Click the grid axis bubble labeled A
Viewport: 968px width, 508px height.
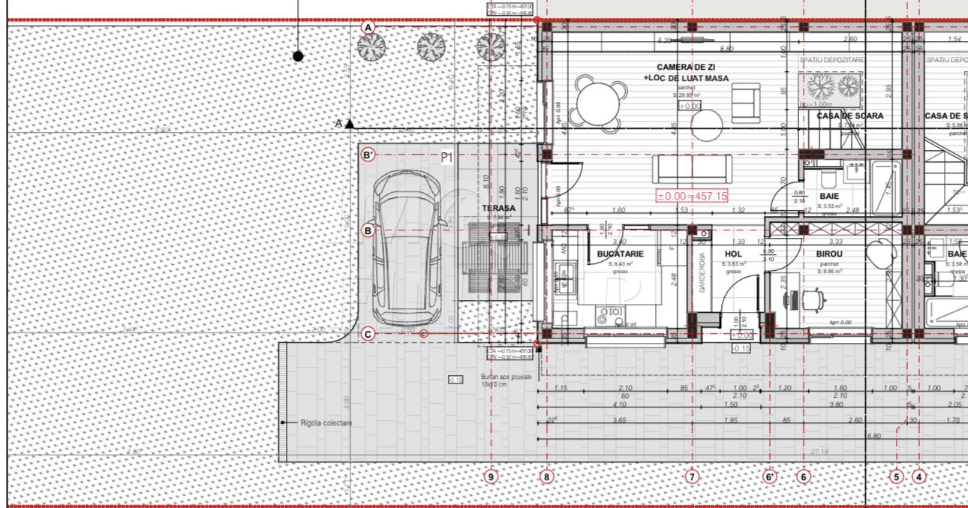pyautogui.click(x=368, y=28)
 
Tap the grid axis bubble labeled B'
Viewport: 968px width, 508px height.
pyautogui.click(x=368, y=155)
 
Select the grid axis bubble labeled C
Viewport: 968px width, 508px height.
pyautogui.click(x=368, y=335)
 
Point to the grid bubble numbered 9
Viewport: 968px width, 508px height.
pyautogui.click(x=492, y=476)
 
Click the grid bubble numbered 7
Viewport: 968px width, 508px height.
pyautogui.click(x=693, y=476)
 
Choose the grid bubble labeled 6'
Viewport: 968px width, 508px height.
pyautogui.click(x=771, y=476)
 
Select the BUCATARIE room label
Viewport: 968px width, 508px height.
pyautogui.click(x=620, y=254)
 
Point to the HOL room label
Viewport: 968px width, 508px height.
pyautogui.click(x=733, y=254)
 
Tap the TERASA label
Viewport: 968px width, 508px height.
pyautogui.click(x=498, y=208)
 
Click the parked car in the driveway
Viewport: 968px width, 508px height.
pyautogui.click(x=407, y=244)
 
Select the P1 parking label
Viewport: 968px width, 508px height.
pyautogui.click(x=447, y=158)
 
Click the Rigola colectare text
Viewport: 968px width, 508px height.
pyautogui.click(x=326, y=423)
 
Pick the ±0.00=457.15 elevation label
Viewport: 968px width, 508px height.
pyautogui.click(x=692, y=196)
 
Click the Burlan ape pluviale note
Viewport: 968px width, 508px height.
pyautogui.click(x=507, y=380)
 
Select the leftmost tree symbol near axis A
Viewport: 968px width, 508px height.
pyautogui.click(x=371, y=47)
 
